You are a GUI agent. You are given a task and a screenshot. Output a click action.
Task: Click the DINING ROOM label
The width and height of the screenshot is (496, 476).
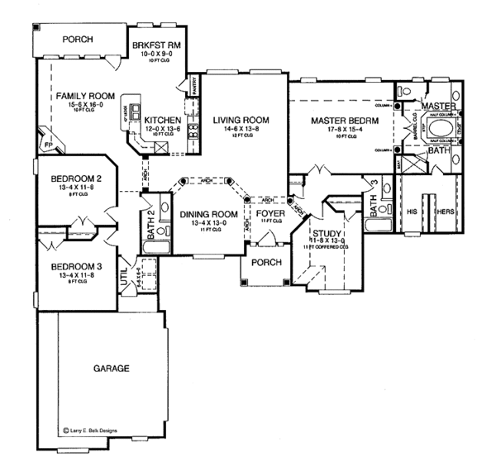point(207,215)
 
